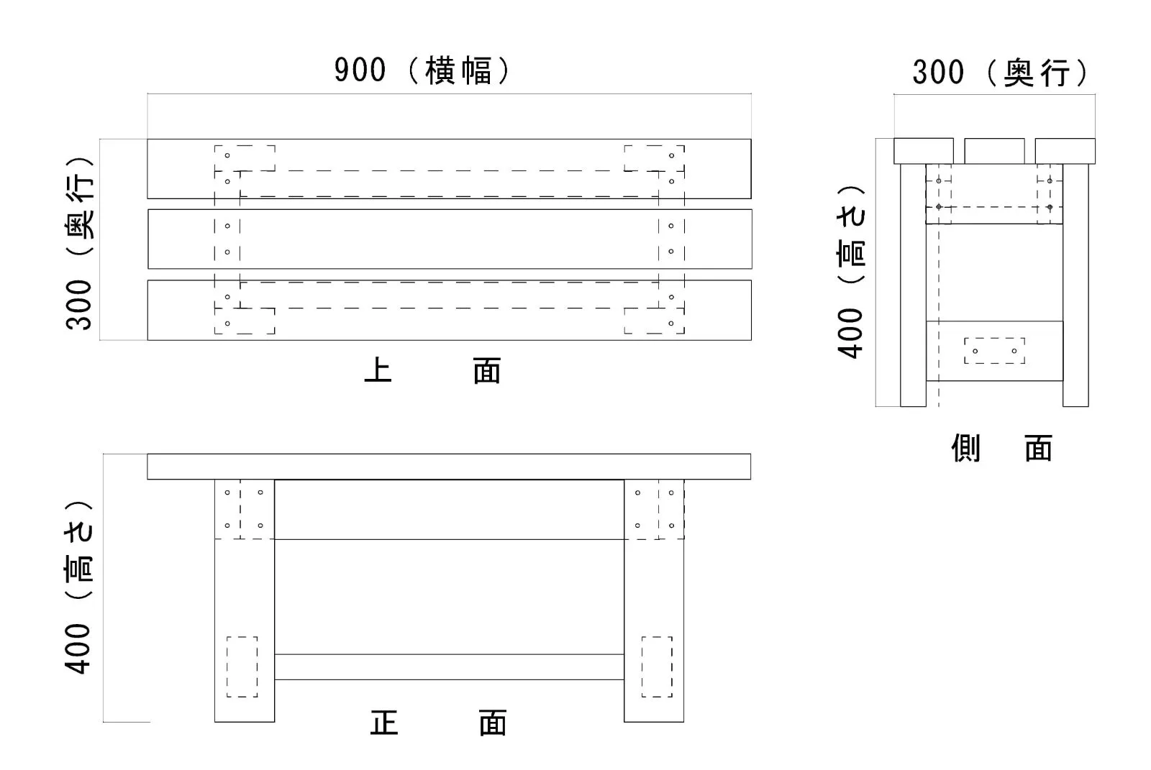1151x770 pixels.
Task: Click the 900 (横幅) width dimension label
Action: coord(422,70)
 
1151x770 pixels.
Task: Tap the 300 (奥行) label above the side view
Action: coord(1001,73)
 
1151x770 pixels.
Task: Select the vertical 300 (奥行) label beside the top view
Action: coord(80,242)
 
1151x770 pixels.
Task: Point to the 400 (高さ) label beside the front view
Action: coord(79,586)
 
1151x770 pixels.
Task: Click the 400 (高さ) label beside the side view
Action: coord(851,271)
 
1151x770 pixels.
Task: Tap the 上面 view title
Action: coord(432,372)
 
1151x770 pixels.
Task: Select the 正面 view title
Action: coord(438,723)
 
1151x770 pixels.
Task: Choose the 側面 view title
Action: coord(1001,449)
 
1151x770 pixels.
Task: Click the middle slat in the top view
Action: coord(449,239)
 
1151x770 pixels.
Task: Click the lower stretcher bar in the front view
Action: coord(449,666)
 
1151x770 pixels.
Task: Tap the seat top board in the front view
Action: coord(449,467)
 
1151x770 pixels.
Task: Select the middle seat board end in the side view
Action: coord(994,151)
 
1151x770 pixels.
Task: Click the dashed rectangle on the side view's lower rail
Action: coord(994,351)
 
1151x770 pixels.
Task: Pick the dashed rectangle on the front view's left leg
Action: coord(242,666)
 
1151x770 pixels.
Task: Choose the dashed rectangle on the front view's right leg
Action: coord(656,666)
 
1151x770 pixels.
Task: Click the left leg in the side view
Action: coord(913,288)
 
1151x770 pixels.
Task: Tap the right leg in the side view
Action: coord(1075,288)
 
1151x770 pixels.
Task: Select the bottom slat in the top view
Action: coord(449,310)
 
